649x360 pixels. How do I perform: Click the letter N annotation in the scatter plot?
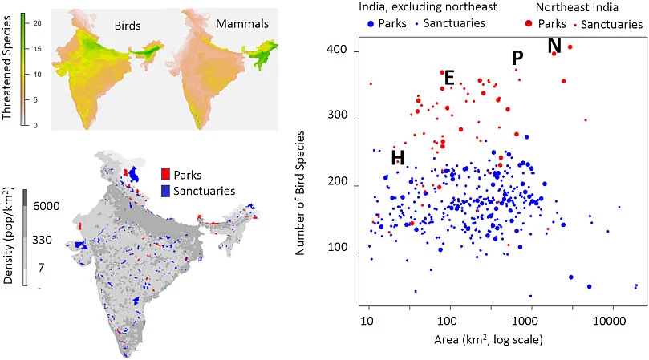(554, 47)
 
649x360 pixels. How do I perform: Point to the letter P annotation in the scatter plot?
(517, 59)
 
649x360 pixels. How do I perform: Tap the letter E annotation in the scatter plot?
(449, 78)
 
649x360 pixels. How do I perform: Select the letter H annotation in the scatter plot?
(397, 158)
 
